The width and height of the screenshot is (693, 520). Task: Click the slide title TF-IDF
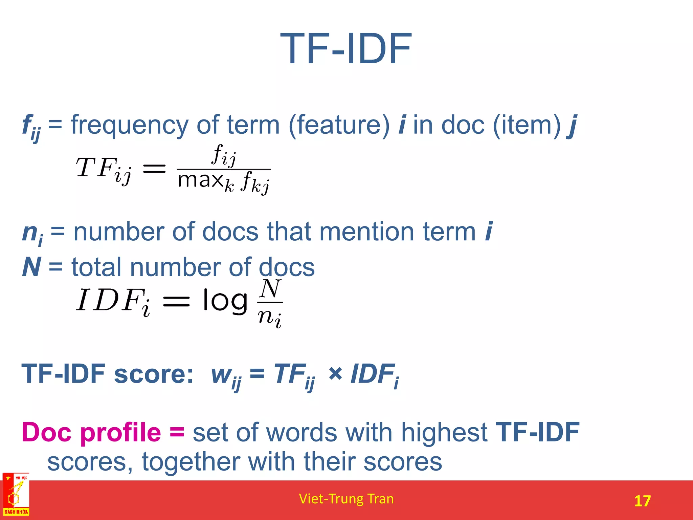pos(346,49)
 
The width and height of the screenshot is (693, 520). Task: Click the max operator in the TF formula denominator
pos(200,180)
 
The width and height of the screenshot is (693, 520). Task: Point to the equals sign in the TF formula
pos(154,168)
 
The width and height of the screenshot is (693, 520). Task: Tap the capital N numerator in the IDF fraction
pos(270,289)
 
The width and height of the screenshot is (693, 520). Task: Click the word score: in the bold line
pos(154,374)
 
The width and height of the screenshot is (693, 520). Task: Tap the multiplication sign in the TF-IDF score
pos(335,374)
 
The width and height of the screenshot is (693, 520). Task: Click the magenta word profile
pos(121,433)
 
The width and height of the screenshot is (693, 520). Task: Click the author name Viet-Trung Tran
pos(346,499)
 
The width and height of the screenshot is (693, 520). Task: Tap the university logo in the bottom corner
pos(16,495)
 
